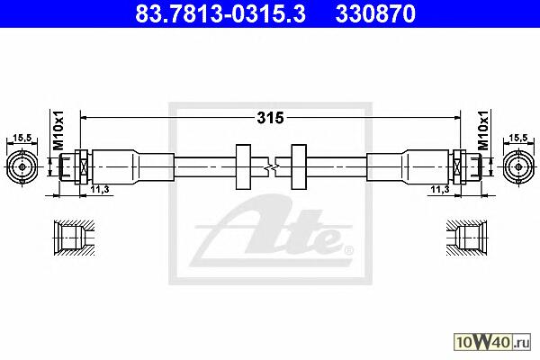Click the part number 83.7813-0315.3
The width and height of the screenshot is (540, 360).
(x=220, y=14)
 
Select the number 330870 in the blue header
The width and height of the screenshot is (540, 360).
(x=375, y=14)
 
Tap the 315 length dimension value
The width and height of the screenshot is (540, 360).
(x=270, y=118)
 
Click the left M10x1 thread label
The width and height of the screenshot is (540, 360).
(x=58, y=130)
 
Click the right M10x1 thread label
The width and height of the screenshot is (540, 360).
(x=483, y=130)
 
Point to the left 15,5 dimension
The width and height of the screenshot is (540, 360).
(x=22, y=138)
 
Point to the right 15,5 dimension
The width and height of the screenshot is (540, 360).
(x=518, y=138)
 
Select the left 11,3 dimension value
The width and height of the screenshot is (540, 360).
(x=100, y=189)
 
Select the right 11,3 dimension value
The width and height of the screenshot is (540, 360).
(x=440, y=189)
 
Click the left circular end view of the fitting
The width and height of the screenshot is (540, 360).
(x=22, y=167)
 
